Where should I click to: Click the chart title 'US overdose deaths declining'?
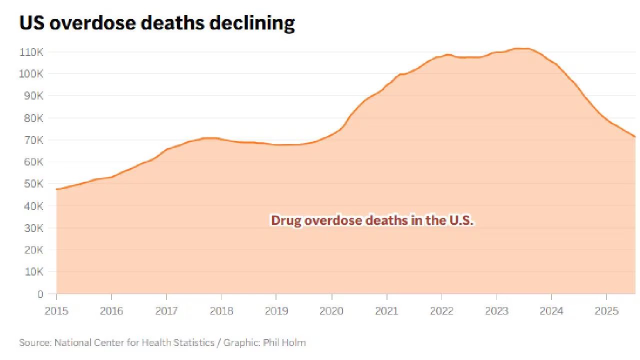[x=156, y=23]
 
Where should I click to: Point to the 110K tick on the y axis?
[x=32, y=52]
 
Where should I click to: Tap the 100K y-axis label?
[x=32, y=74]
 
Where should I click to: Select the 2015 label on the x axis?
[x=56, y=311]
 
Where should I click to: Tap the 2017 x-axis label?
[x=166, y=311]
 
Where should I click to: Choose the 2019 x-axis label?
[x=276, y=311]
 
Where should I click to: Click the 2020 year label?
[x=331, y=311]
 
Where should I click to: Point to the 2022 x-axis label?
[x=441, y=311]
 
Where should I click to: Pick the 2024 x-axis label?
[x=551, y=311]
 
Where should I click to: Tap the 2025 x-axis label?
[x=606, y=311]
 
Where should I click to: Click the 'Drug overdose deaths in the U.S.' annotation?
[x=371, y=220]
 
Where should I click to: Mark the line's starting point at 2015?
[x=56, y=189]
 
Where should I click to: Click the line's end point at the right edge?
[x=635, y=136]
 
